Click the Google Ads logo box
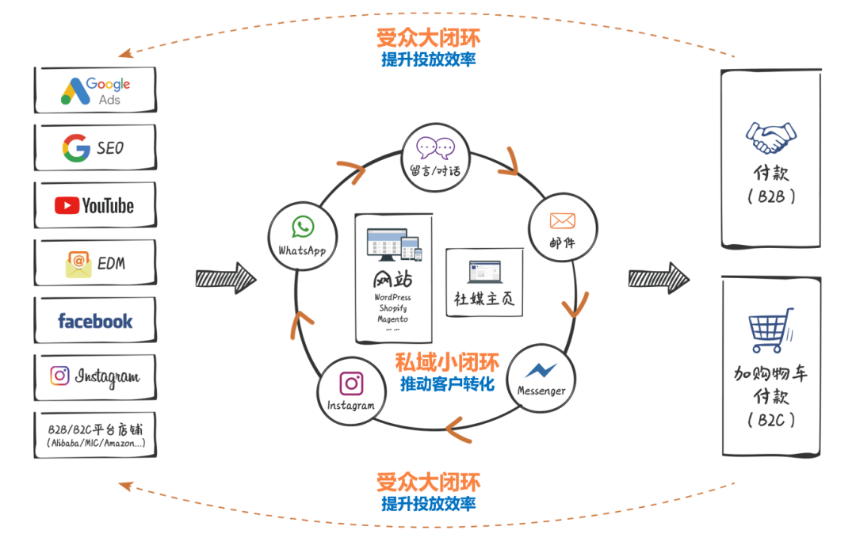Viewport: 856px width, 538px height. (x=95, y=90)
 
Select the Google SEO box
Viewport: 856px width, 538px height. (x=95, y=147)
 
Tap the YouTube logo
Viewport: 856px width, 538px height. (x=94, y=205)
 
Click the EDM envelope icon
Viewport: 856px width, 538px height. (x=78, y=264)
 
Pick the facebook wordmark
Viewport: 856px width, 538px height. (x=95, y=321)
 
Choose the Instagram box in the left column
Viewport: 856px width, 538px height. (x=95, y=376)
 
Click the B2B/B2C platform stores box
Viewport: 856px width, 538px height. (x=95, y=433)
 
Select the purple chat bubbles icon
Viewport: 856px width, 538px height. (x=436, y=147)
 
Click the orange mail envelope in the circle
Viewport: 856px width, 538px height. (x=562, y=221)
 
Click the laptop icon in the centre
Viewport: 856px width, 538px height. (x=485, y=272)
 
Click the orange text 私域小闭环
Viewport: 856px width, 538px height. (x=448, y=363)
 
